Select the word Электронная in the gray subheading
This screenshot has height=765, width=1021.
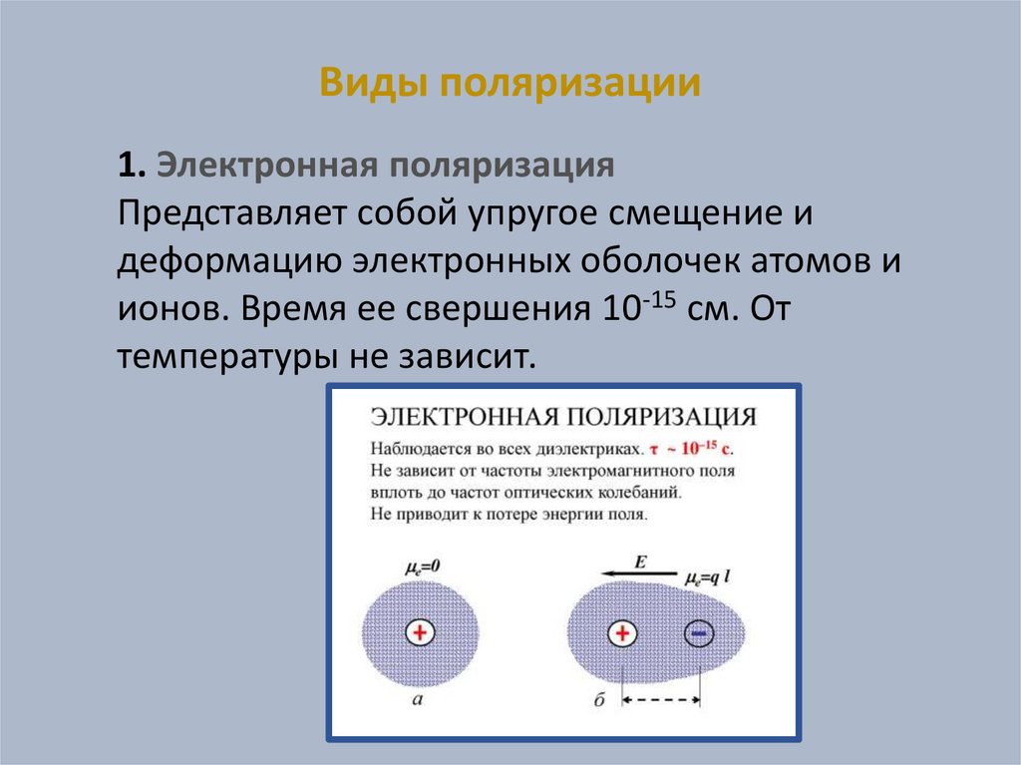(x=266, y=167)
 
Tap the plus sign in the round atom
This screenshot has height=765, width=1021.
(x=420, y=632)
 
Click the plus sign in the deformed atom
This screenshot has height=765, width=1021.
(x=622, y=633)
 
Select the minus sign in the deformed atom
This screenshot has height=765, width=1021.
(x=699, y=633)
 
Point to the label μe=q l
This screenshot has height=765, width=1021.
(x=710, y=577)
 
